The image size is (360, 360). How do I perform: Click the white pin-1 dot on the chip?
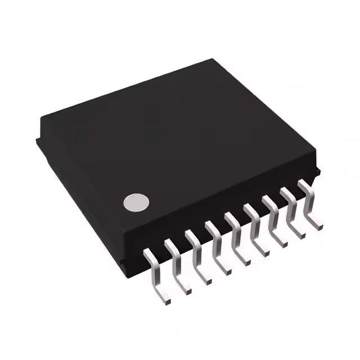[x=137, y=202]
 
